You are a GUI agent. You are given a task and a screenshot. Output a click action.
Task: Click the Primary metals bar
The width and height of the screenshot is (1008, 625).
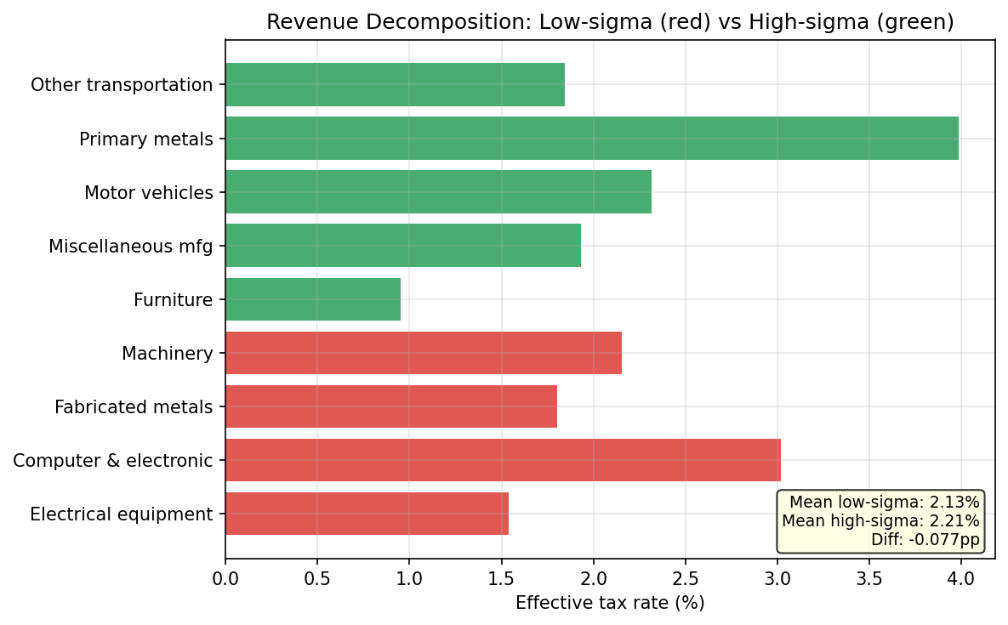(x=591, y=138)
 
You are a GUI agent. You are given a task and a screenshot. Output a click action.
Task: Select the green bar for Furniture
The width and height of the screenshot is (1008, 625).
(x=313, y=299)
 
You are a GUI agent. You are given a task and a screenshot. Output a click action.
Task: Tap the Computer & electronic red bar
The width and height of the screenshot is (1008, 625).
(x=503, y=460)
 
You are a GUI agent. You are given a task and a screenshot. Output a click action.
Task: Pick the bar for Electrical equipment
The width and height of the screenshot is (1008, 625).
(x=367, y=514)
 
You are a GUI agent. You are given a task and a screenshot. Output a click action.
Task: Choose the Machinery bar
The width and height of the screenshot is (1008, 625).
(x=424, y=353)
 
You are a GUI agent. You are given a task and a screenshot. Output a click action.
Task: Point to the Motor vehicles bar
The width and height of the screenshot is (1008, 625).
(x=438, y=191)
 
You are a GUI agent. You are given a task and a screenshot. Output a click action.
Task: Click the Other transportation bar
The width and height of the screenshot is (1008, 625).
(x=395, y=84)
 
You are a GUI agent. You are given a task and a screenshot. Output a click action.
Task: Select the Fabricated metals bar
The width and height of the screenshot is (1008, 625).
(x=391, y=406)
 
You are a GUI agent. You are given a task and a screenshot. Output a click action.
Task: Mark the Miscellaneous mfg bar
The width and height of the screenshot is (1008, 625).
(x=403, y=246)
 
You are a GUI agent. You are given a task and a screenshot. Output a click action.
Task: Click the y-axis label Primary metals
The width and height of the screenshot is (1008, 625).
(x=146, y=139)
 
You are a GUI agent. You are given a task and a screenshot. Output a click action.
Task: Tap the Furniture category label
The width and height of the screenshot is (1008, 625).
(x=173, y=300)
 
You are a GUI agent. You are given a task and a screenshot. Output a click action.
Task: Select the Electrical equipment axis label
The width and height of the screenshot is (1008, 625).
(x=121, y=514)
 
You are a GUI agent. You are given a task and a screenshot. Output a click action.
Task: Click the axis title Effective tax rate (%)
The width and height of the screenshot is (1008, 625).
(x=610, y=603)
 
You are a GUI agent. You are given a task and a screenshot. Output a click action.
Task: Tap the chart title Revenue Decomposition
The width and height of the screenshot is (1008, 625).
(x=610, y=22)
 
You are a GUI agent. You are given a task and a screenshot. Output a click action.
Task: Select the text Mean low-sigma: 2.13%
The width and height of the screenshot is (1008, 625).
(x=885, y=503)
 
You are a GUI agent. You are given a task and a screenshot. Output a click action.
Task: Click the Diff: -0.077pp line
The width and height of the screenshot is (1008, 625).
(x=925, y=539)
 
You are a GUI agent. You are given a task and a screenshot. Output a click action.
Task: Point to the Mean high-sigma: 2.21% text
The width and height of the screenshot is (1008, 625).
(x=880, y=520)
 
